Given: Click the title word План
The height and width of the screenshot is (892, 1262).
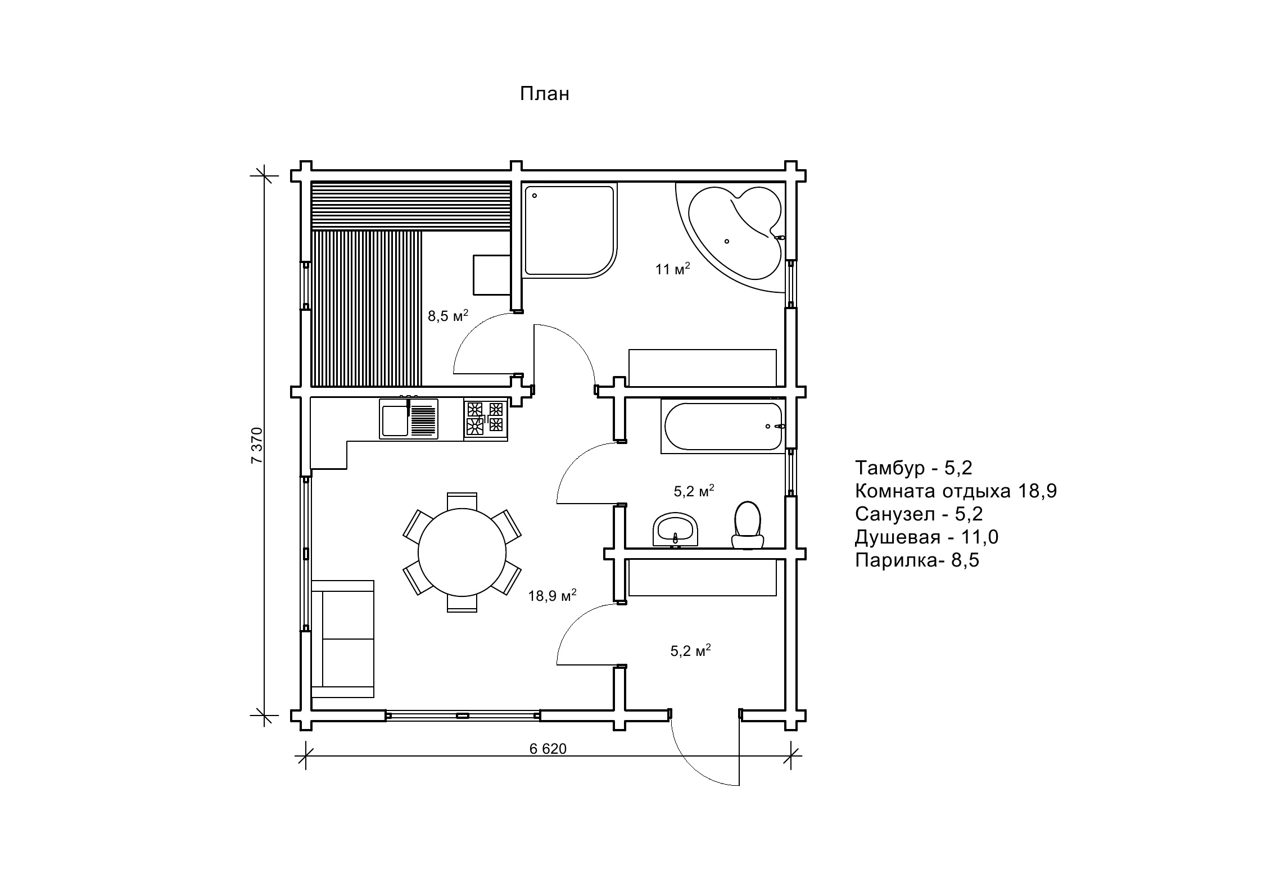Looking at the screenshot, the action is [544, 94].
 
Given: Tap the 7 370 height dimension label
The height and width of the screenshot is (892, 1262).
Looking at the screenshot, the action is [256, 445].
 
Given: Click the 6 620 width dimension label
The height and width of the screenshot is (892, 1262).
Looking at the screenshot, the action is [548, 749].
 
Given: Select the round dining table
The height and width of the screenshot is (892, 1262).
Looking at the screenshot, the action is [462, 553].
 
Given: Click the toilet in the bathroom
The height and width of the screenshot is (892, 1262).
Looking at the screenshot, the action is [748, 525].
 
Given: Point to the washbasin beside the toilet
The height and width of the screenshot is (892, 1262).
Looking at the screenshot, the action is [675, 529].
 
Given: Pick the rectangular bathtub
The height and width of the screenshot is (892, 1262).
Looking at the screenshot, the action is [723, 426].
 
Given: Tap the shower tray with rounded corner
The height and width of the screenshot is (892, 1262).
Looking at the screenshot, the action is [569, 230].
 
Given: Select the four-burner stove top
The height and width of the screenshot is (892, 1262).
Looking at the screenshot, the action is [486, 419].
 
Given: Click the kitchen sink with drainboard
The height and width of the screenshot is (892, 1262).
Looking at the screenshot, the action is [409, 419].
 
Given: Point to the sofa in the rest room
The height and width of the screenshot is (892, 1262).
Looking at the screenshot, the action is [342, 639].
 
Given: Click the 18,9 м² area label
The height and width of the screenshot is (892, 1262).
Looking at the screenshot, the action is [552, 596].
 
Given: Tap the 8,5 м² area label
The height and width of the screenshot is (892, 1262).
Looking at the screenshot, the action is [448, 315].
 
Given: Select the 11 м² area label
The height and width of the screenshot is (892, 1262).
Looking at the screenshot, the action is [672, 269].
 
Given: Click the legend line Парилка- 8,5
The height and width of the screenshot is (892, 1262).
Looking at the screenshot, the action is [917, 560].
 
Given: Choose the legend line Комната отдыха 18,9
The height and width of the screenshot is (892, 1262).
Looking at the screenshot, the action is [956, 491].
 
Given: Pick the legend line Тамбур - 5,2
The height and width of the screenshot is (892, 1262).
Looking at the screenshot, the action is [913, 468].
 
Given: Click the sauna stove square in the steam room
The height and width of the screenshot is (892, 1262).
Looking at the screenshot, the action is [492, 275].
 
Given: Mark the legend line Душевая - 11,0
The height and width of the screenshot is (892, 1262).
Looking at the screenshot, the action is [926, 537].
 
